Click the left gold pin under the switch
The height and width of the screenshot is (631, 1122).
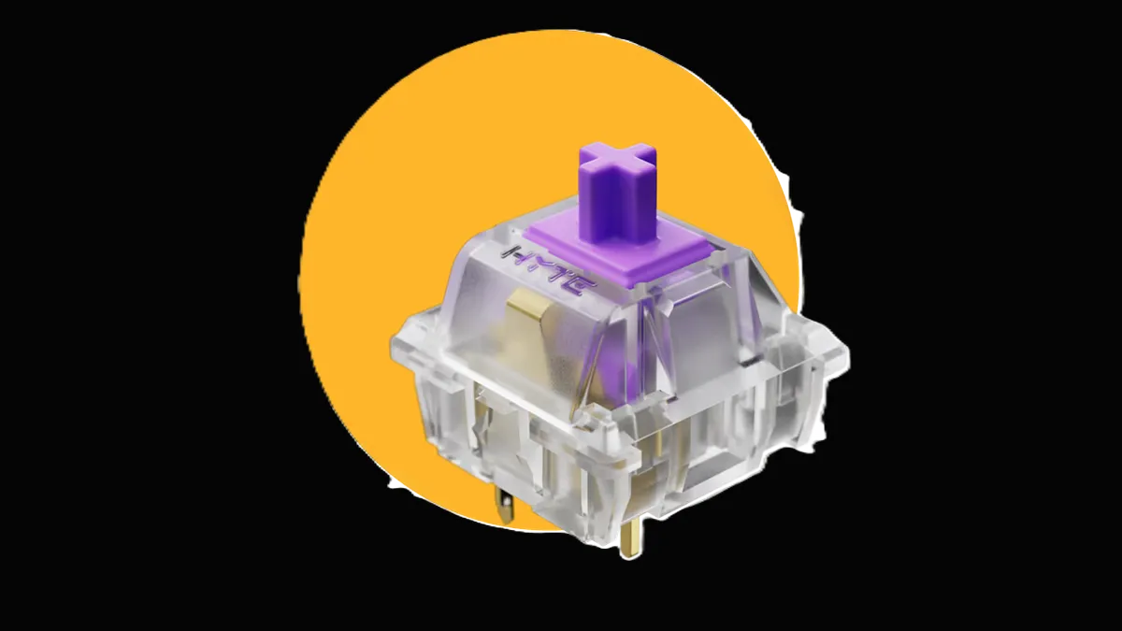(506, 506)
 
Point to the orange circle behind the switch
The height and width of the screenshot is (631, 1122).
(374, 234)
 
